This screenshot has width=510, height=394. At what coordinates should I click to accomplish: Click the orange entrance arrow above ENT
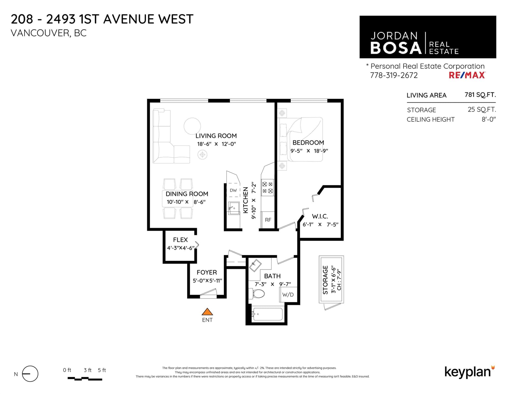click(x=207, y=312)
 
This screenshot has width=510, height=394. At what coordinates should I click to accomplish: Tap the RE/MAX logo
click(x=467, y=75)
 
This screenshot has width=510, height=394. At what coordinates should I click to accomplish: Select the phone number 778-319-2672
click(x=394, y=75)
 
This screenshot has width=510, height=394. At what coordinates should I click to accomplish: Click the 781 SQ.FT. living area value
click(x=480, y=95)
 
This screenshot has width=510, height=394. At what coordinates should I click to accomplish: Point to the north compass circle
click(x=30, y=374)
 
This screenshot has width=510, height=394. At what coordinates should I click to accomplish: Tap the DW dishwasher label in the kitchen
click(x=233, y=190)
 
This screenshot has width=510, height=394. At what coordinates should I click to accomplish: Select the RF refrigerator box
click(x=268, y=220)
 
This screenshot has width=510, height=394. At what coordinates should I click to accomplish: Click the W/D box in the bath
click(x=288, y=295)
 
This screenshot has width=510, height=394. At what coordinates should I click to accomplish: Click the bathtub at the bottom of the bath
click(x=267, y=314)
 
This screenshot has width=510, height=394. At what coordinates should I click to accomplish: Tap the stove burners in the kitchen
click(x=267, y=188)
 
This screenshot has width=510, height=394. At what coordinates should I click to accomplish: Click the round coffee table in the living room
click(x=192, y=126)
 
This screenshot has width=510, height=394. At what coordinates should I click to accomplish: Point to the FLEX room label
click(x=180, y=240)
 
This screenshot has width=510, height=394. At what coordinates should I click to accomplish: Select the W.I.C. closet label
click(x=320, y=216)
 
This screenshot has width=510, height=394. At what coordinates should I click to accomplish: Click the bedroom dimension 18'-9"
click(x=321, y=151)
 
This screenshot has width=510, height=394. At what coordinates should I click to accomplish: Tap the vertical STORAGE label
click(x=325, y=280)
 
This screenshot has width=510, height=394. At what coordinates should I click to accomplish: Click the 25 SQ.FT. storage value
click(x=482, y=110)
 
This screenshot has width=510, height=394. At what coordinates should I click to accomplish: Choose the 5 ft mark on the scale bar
click(x=102, y=370)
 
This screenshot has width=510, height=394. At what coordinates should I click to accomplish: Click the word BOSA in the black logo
click(x=396, y=48)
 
